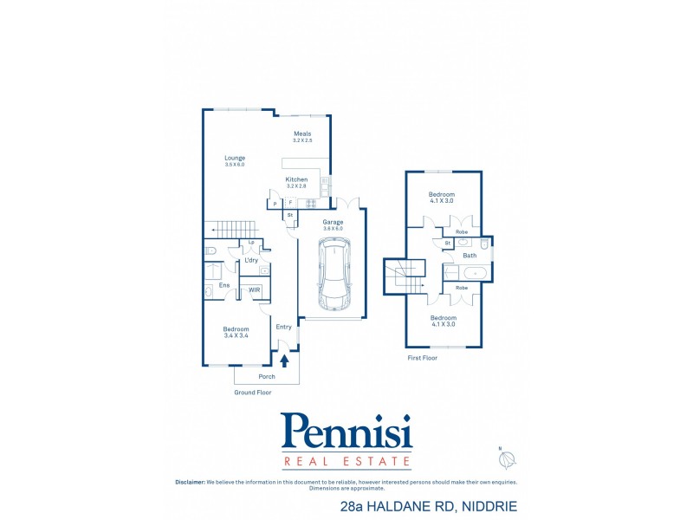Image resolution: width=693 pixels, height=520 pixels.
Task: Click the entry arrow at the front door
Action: pos(283,360)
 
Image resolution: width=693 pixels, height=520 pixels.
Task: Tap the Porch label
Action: pos(267,377)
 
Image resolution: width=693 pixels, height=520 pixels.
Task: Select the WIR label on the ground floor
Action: pos(255,289)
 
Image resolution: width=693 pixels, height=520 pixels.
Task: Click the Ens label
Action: pos(224,285)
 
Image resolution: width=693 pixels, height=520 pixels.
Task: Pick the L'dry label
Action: pos(251,260)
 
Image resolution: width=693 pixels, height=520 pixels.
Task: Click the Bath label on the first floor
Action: pos(470,256)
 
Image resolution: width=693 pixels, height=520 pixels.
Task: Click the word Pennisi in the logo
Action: pos(346,431)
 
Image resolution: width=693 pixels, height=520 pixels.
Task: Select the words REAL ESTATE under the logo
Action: pos(346,460)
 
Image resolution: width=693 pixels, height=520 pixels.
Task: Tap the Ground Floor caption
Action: pos(254,393)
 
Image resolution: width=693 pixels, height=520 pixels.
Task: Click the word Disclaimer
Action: pos(189,482)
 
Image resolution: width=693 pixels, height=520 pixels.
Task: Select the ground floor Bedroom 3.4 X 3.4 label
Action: pos(236,332)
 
